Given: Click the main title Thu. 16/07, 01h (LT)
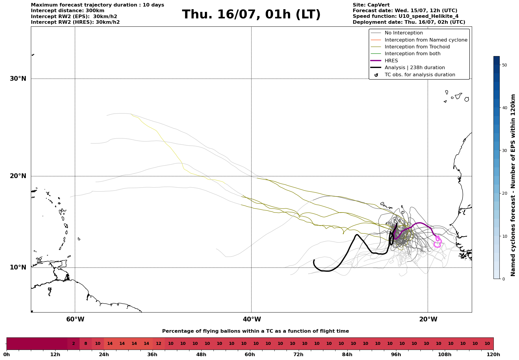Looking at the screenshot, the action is point(251,15).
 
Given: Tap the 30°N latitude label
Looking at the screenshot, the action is point(18,79).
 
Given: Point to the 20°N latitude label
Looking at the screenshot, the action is point(18,176).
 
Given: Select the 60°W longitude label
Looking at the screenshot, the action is point(75,319).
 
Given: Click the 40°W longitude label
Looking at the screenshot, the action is point(252,319).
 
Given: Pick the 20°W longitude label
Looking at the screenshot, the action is point(428,319).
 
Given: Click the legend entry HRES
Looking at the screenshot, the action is point(391,61).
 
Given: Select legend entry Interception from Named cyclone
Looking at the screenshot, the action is point(426,40).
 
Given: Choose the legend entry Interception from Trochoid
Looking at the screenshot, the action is point(417,47).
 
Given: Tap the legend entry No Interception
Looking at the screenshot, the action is point(404,33).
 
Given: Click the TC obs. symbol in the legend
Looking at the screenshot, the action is point(376,75).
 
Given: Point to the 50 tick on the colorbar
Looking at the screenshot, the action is point(504,65).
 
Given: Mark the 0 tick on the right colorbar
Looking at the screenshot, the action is point(503,279).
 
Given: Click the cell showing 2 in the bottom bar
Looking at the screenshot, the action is point(73,344).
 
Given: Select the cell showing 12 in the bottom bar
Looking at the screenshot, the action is point(159,344).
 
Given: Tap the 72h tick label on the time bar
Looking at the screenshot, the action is point(298,354).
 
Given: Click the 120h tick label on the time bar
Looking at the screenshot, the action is point(493,354).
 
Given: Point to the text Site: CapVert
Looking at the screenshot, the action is point(371,5).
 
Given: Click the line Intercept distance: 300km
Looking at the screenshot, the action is point(68,11).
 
